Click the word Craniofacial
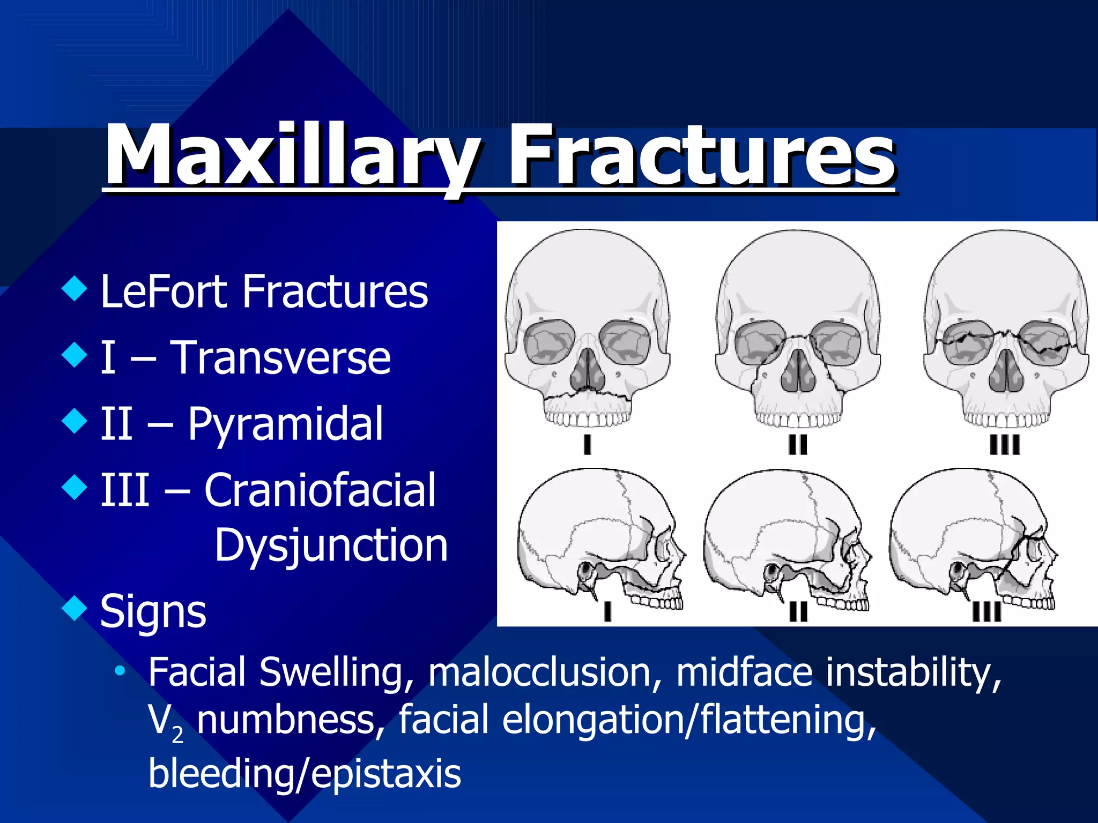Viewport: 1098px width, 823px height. coord(320,490)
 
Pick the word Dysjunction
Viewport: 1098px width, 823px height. coord(331,545)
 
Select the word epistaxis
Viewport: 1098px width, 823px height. coord(385,774)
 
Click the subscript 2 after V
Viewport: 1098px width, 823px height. coord(177,735)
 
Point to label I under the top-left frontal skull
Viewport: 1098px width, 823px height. coord(587,445)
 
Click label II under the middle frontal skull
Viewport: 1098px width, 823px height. coord(798,445)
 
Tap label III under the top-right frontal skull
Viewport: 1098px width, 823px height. coord(1005,445)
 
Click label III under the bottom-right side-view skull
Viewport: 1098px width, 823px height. coord(986,611)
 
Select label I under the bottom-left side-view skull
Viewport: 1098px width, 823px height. coord(607,611)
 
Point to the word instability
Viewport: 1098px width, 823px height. coord(914,672)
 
